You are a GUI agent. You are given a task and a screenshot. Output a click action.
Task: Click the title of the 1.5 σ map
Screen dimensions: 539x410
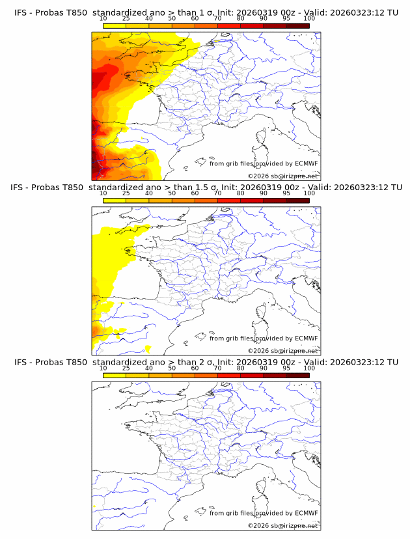pyautogui.click(x=205, y=187)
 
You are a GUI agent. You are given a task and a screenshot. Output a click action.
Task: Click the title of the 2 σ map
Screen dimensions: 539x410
pyautogui.click(x=205, y=362)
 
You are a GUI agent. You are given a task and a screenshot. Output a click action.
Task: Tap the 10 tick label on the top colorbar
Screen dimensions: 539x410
pyautogui.click(x=103, y=19)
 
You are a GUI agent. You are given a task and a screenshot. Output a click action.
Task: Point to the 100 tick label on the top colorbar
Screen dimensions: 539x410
pyautogui.click(x=309, y=19)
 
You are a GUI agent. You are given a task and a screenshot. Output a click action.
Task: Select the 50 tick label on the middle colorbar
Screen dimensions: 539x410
pyautogui.click(x=172, y=193)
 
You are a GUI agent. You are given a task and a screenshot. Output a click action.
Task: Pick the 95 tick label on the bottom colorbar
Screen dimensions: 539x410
pyautogui.click(x=286, y=368)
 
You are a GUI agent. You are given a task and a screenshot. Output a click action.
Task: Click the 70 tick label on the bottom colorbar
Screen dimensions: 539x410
pyautogui.click(x=218, y=368)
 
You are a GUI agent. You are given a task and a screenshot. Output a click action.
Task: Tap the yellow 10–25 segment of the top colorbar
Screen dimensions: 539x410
pyautogui.click(x=115, y=25)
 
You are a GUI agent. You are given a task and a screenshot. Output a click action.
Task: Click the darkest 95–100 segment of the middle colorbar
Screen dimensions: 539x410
pyautogui.click(x=297, y=200)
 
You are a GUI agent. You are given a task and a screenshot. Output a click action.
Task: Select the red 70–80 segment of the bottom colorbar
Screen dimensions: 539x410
pyautogui.click(x=229, y=376)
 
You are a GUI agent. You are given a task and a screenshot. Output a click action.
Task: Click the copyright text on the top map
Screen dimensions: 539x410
pyautogui.click(x=282, y=176)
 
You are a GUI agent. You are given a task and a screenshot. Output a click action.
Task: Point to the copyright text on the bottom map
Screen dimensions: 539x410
pyautogui.click(x=282, y=525)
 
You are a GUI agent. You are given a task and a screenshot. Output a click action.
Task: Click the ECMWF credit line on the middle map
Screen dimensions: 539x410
pyautogui.click(x=264, y=338)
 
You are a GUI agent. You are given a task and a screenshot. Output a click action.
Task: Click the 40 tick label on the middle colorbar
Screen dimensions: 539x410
pyautogui.click(x=149, y=193)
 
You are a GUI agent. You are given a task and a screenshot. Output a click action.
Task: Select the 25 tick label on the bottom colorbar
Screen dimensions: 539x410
pyautogui.click(x=126, y=368)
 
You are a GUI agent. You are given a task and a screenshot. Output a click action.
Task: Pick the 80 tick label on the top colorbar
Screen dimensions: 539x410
pyautogui.click(x=241, y=19)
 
